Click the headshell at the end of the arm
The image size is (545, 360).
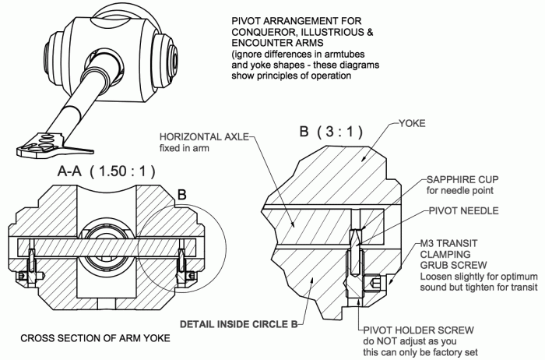pos(39,144)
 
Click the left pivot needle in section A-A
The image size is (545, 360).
pos(32,254)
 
